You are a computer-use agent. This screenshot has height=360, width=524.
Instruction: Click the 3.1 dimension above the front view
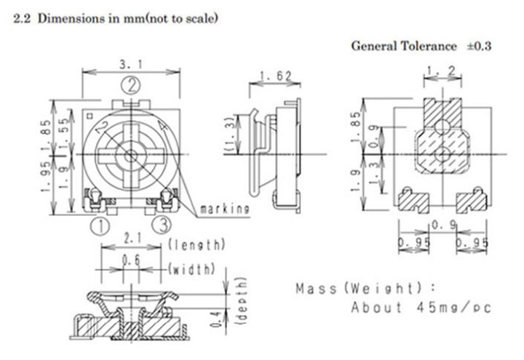pyautogui.click(x=131, y=65)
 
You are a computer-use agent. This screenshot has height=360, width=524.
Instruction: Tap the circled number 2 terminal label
pyautogui.click(x=131, y=86)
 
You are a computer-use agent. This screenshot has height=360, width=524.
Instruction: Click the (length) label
pyautogui.click(x=196, y=244)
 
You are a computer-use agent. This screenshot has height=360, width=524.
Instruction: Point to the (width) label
pyautogui.click(x=191, y=270)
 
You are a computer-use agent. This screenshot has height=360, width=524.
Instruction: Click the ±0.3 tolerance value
pyautogui.click(x=479, y=46)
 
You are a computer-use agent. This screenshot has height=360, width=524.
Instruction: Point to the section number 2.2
pyautogui.click(x=22, y=17)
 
